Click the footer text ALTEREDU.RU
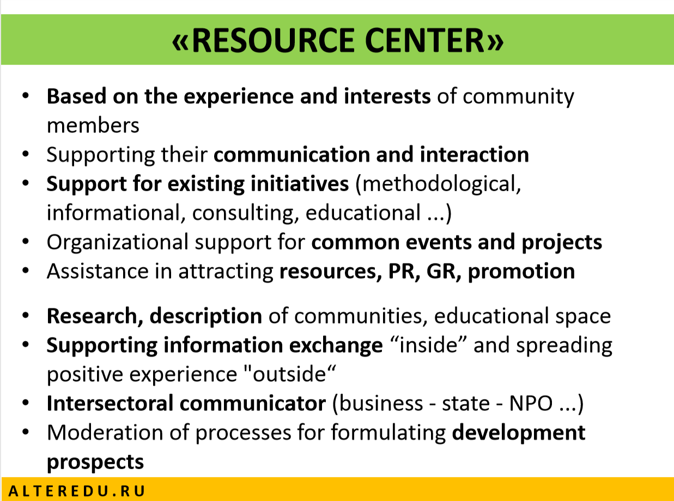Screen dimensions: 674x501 77,491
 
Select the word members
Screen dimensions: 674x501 93,125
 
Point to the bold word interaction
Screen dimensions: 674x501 475,154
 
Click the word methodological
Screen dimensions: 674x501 438,184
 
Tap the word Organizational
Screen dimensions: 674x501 118,242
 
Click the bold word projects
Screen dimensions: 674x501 562,243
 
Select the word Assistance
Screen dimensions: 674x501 98,271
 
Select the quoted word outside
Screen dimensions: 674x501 289,374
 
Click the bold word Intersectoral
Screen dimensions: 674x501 110,404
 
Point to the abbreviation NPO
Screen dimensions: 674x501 531,404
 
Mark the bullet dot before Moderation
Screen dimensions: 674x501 26,431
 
